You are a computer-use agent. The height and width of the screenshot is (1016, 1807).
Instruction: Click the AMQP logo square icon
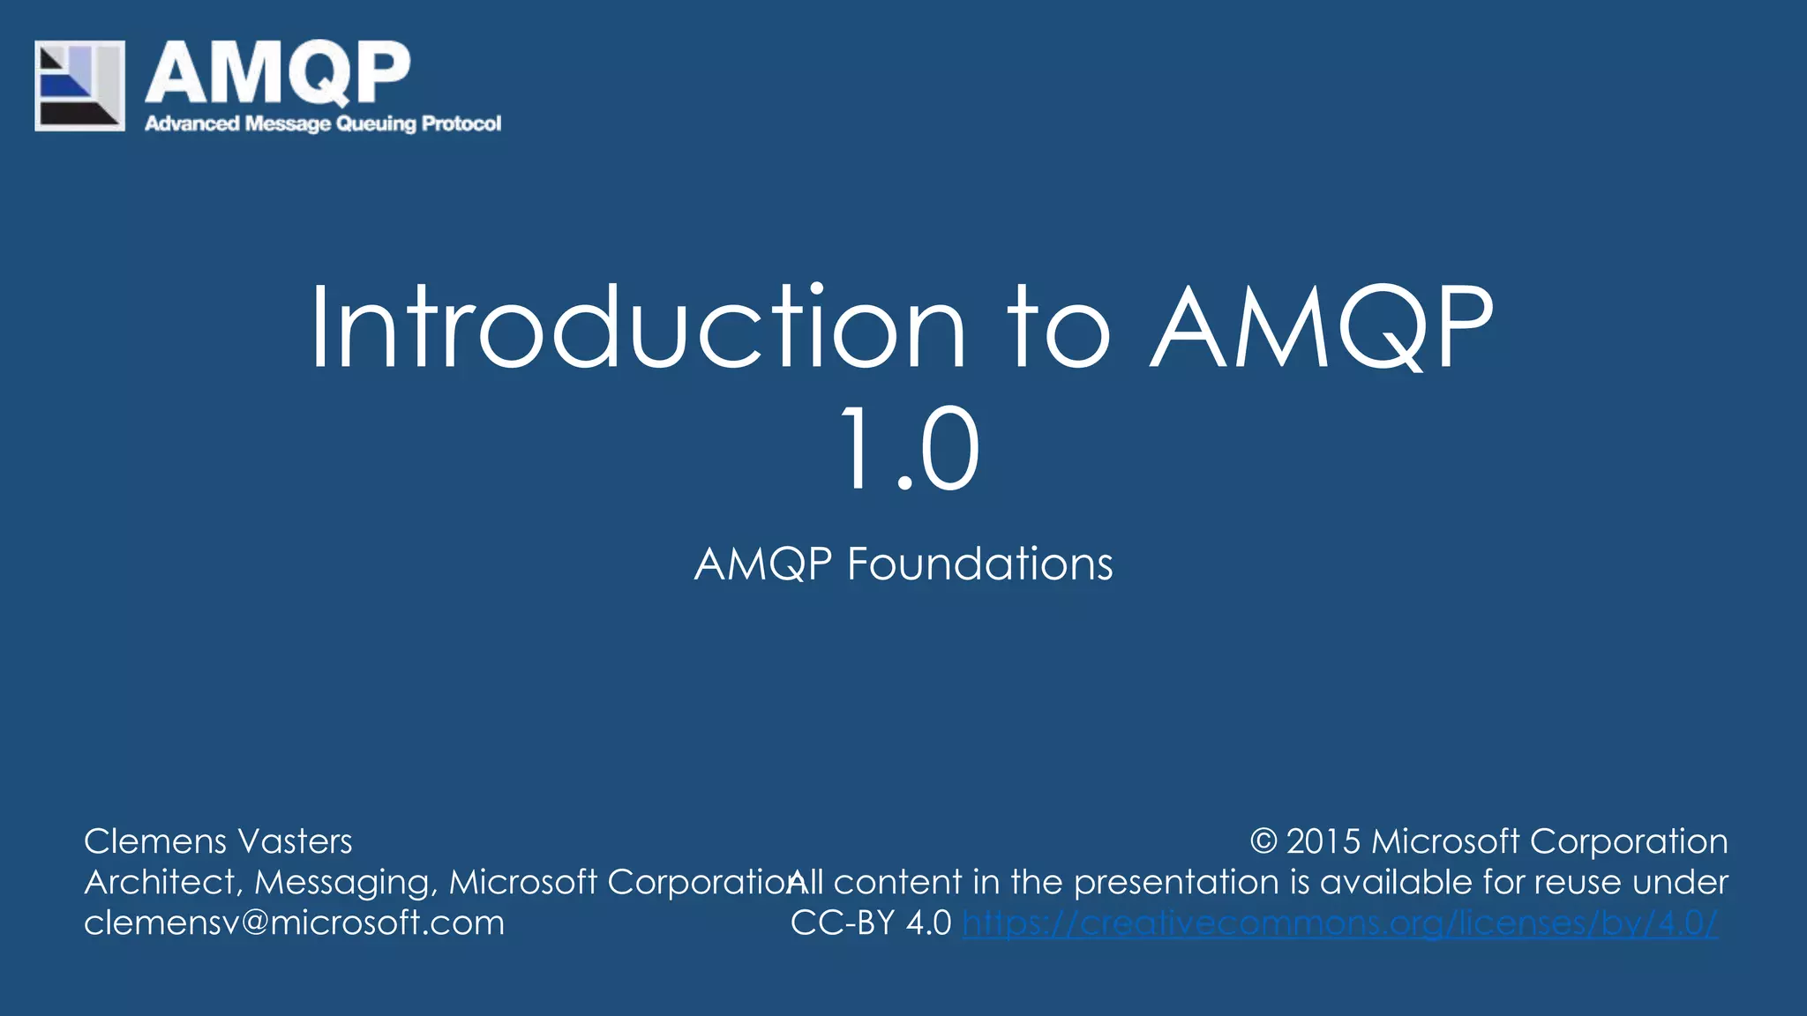[x=79, y=86]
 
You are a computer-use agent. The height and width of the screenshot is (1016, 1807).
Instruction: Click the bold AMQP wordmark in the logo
[x=278, y=74]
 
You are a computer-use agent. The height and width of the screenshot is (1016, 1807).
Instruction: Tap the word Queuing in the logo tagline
[x=376, y=123]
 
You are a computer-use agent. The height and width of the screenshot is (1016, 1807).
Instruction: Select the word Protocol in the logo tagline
[x=461, y=123]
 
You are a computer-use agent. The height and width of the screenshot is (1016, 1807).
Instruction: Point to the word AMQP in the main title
[x=1322, y=328]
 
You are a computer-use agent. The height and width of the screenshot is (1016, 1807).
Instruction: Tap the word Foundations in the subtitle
[x=979, y=564]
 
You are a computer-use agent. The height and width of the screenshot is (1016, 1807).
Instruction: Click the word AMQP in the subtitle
[x=763, y=564]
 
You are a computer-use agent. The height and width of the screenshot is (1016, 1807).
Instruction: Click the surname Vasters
[x=296, y=841]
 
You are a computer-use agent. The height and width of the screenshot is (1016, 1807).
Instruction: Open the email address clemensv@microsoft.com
[x=294, y=923]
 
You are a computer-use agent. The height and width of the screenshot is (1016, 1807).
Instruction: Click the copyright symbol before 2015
[x=1263, y=841]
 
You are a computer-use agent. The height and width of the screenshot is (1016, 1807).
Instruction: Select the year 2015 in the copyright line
[x=1323, y=841]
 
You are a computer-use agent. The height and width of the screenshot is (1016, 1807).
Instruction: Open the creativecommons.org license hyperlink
[x=1339, y=923]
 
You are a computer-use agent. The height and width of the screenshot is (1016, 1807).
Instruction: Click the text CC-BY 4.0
[x=870, y=923]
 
